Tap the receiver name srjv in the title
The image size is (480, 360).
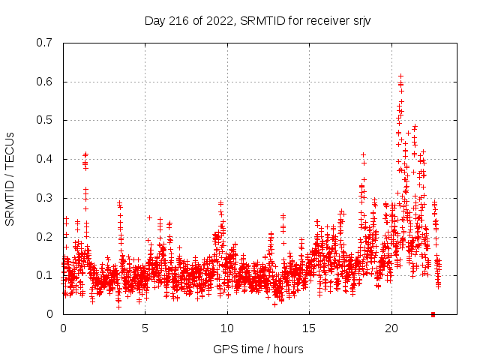click(x=359, y=20)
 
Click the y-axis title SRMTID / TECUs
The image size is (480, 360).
click(x=10, y=178)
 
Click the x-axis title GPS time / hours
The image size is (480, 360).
click(x=258, y=349)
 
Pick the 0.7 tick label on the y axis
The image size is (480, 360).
click(x=44, y=43)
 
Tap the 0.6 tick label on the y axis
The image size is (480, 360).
click(x=44, y=82)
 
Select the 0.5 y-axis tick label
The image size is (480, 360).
click(x=44, y=120)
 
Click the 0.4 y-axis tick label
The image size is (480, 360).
click(x=44, y=159)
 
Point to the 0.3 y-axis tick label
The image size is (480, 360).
click(x=44, y=198)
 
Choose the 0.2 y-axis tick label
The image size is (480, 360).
click(x=44, y=237)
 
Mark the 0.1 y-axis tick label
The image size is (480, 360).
click(x=44, y=275)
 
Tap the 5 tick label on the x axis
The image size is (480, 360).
click(x=145, y=328)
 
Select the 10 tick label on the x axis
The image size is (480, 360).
click(x=227, y=328)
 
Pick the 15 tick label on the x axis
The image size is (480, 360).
click(x=309, y=328)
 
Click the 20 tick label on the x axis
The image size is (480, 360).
click(x=391, y=328)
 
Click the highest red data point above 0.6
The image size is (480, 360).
click(x=400, y=76)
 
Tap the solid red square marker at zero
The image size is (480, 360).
click(x=433, y=314)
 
